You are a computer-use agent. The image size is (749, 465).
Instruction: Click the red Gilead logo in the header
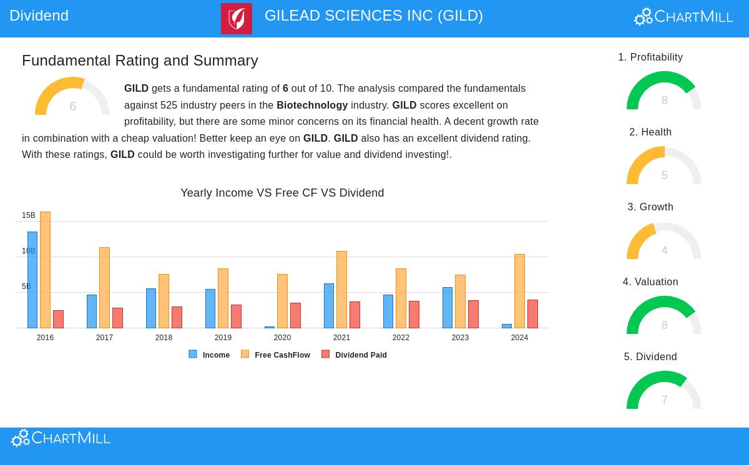point(237,19)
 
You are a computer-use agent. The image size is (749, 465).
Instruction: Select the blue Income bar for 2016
point(32,280)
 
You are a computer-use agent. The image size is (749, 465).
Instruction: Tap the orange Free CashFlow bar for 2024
point(519,291)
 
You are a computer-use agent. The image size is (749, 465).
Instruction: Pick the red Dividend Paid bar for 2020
point(295,315)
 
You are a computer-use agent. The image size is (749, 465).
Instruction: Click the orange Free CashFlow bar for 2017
point(104,287)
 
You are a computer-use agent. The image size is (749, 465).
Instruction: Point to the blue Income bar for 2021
point(329,306)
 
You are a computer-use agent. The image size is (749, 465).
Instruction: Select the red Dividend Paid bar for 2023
point(473,314)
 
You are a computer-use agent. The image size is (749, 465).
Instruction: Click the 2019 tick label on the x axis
point(223,338)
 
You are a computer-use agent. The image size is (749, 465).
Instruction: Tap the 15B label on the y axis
point(29,215)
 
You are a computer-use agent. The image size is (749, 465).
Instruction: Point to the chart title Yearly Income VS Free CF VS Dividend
point(282,193)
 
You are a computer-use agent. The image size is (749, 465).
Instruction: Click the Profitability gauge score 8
point(664,100)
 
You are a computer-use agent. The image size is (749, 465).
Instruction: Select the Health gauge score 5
point(664,175)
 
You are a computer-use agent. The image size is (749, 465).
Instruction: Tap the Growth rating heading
point(650,207)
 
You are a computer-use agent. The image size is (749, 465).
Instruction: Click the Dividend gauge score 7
point(664,400)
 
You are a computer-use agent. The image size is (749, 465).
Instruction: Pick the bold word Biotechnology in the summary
point(312,105)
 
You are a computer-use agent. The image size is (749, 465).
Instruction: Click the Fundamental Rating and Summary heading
point(140,60)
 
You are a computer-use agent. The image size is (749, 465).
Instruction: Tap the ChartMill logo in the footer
point(61,438)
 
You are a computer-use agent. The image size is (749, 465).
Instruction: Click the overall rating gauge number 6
point(72,107)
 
